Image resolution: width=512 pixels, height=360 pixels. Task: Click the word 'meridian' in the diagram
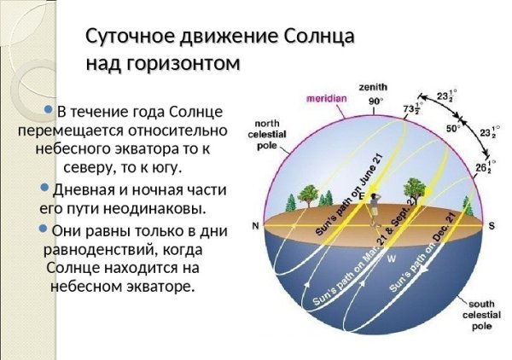327,98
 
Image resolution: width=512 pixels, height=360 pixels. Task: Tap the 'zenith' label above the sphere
373,87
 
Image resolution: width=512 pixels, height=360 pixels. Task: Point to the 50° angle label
453,129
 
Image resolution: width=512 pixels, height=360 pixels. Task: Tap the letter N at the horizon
254,226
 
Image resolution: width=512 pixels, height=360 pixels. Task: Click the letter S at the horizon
492,225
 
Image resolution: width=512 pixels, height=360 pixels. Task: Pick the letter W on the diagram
391,257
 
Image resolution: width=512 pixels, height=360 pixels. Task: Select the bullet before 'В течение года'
49,110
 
